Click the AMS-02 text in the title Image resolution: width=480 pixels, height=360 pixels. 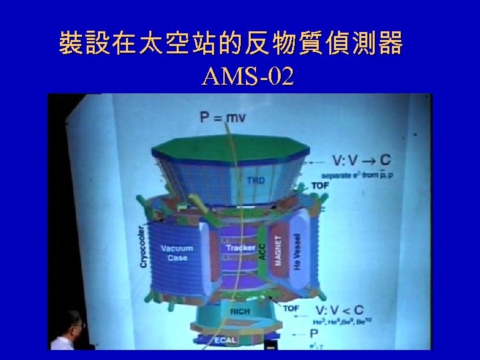tap(247, 78)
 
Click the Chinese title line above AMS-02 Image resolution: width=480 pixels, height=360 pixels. tap(231, 43)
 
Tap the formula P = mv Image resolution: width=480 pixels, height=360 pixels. tap(222, 118)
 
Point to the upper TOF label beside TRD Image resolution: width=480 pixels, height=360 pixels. tap(319, 185)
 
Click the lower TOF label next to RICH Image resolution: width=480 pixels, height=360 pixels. tap(291, 309)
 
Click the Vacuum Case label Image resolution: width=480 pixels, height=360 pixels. tap(177, 253)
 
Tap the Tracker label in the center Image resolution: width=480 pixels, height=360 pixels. tap(240, 248)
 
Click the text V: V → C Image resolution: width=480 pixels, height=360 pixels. tap(361, 160)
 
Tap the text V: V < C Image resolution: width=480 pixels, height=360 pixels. tap(349, 311)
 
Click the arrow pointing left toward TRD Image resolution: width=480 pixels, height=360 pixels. tap(318, 161)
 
